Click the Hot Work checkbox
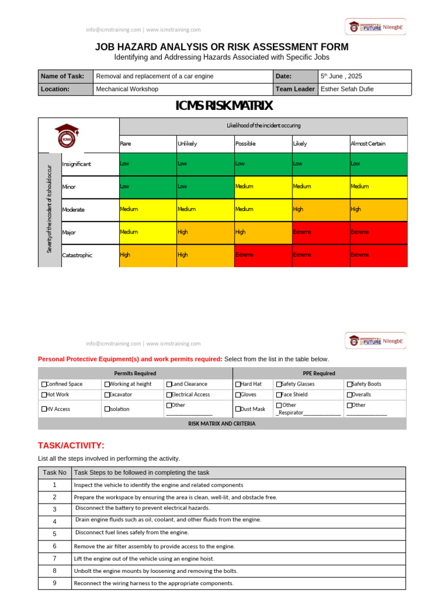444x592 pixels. (x=44, y=395)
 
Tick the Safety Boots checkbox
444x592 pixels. (x=349, y=384)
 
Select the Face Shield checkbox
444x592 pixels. (x=279, y=395)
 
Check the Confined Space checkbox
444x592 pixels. (x=44, y=384)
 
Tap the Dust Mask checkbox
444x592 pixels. (x=238, y=409)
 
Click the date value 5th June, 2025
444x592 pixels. (x=341, y=76)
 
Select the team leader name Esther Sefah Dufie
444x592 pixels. (x=347, y=89)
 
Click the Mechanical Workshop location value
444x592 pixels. (x=127, y=89)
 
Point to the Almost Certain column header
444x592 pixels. (x=368, y=143)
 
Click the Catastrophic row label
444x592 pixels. (x=77, y=255)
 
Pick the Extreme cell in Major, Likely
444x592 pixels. (x=302, y=232)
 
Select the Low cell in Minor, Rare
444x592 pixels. (x=125, y=187)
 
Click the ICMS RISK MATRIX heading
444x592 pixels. (x=224, y=106)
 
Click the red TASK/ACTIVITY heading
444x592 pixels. (x=71, y=445)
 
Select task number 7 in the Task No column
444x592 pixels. (x=54, y=558)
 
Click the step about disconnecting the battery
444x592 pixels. (x=142, y=509)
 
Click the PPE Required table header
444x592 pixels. (x=319, y=373)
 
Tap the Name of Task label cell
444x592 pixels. (x=62, y=76)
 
